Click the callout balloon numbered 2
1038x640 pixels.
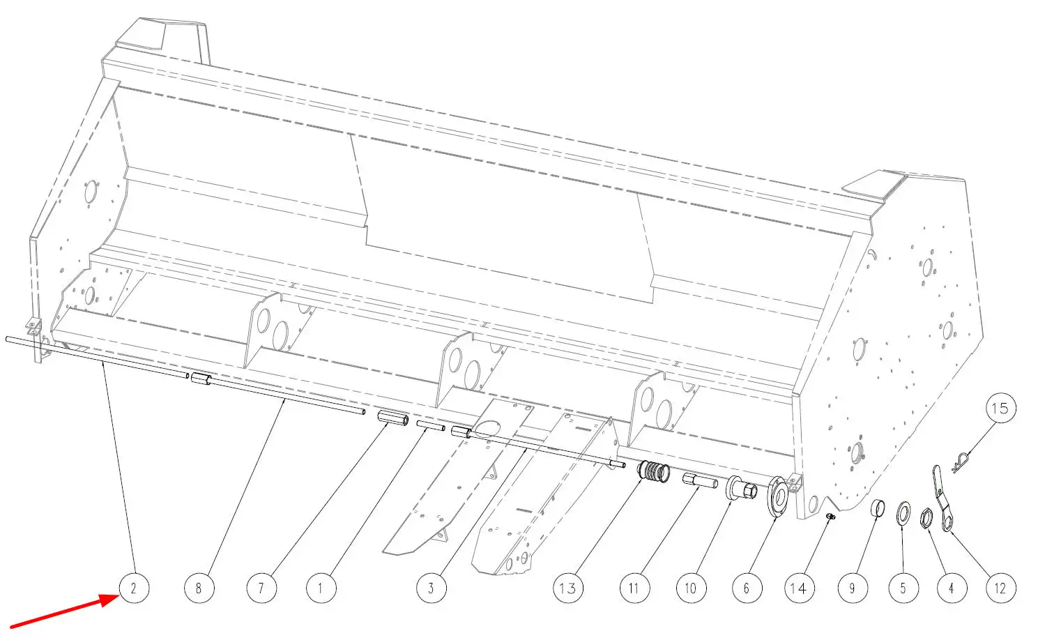[135, 588]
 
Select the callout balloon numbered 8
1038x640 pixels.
[199, 588]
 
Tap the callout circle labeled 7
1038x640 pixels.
[262, 588]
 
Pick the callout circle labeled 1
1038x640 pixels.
[321, 588]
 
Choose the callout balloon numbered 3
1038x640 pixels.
[432, 588]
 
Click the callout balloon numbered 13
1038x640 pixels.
[568, 588]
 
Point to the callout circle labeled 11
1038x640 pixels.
[635, 588]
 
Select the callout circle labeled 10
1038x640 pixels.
[692, 588]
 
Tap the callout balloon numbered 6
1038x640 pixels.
[747, 588]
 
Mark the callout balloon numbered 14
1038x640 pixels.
[800, 588]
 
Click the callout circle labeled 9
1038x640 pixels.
[853, 588]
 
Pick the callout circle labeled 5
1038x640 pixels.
[903, 588]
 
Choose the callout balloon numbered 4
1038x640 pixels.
[952, 588]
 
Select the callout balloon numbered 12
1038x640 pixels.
[1001, 588]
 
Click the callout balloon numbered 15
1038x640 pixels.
[1001, 408]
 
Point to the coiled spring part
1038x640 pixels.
[653, 472]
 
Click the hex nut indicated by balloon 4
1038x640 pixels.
[926, 517]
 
